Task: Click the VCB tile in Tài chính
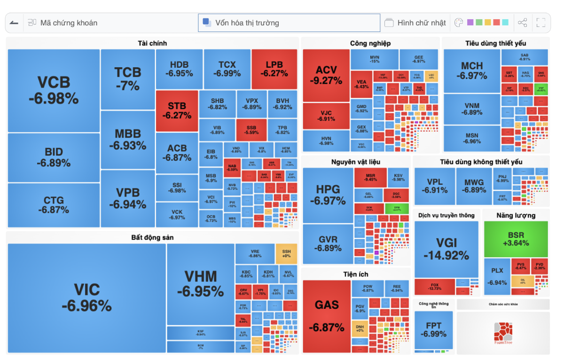[x=54, y=90]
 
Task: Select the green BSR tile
[x=516, y=239]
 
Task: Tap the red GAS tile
[x=326, y=316]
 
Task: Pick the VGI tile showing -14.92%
[x=446, y=249]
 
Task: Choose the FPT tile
[x=433, y=329]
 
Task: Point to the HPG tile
[x=328, y=195]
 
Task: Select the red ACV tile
[x=326, y=75]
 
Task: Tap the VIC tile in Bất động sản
[x=86, y=297]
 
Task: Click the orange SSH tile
[x=286, y=253]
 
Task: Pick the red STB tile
[x=177, y=110]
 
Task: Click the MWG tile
[x=474, y=186]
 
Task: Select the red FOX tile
[x=434, y=286]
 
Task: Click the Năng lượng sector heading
[x=516, y=215]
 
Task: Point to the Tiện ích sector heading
[x=356, y=274]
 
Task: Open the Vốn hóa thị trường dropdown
[x=289, y=23]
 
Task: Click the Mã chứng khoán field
[x=69, y=23]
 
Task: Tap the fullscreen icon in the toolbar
[x=540, y=23]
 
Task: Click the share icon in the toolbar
[x=522, y=23]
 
